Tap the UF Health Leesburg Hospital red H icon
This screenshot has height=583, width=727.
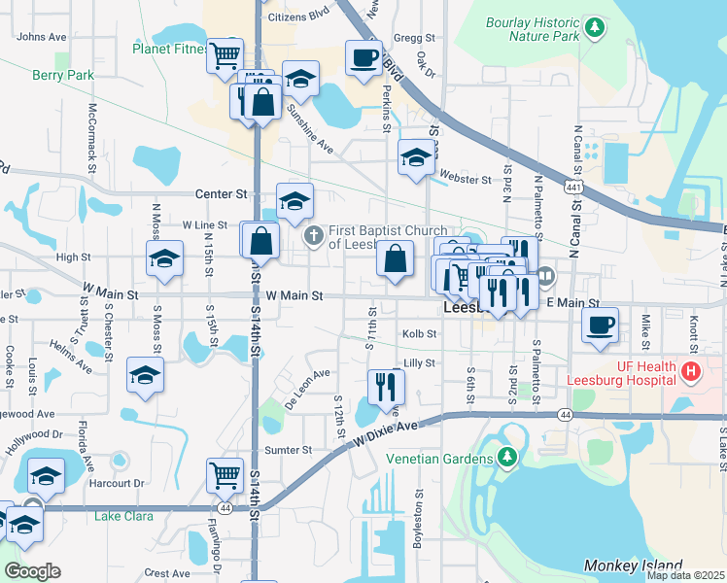pyautogui.click(x=691, y=370)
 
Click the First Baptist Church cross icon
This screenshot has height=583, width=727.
pyautogui.click(x=313, y=236)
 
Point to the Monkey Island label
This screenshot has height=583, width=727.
pyautogui.click(x=632, y=566)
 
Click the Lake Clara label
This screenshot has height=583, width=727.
pyautogui.click(x=123, y=516)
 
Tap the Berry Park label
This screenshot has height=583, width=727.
pyautogui.click(x=62, y=74)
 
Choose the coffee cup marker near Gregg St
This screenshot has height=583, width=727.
pyautogui.click(x=364, y=57)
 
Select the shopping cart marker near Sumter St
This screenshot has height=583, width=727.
pyautogui.click(x=225, y=475)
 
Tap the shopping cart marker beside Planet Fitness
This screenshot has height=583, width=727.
pyautogui.click(x=225, y=53)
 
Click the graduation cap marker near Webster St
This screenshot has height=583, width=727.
pyautogui.click(x=416, y=157)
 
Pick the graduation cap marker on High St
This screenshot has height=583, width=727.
pyautogui.click(x=164, y=259)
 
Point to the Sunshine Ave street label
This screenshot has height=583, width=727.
pyautogui.click(x=309, y=131)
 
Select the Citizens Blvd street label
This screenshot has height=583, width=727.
pyautogui.click(x=299, y=17)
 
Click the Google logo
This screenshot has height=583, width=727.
pyautogui.click(x=32, y=571)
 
